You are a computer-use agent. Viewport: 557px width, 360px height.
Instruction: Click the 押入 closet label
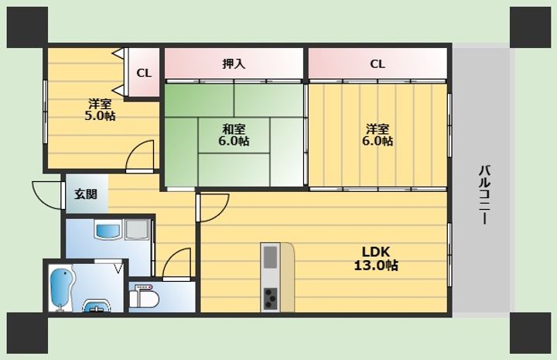[234, 64]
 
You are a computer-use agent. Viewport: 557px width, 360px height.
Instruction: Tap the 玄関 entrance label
[86, 194]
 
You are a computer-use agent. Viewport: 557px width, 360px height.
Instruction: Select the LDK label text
[376, 252]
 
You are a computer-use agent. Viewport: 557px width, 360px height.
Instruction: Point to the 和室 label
[234, 129]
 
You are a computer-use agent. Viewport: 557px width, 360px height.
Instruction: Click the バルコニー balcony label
[484, 195]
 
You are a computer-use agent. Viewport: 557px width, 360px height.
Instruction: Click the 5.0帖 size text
[100, 116]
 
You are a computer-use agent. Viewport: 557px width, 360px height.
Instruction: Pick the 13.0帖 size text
[376, 266]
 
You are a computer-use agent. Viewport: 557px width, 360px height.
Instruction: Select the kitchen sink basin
[270, 257]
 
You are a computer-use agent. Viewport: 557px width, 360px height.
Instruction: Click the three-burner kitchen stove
[270, 298]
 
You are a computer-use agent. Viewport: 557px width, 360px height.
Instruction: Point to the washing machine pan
[137, 229]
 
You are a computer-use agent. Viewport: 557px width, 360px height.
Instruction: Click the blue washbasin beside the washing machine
[108, 230]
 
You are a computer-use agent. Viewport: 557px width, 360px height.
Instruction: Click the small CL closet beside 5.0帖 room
[144, 73]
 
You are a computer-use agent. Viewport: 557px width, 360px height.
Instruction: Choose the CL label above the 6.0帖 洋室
[378, 64]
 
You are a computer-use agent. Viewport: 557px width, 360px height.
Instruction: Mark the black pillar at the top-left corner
[27, 27]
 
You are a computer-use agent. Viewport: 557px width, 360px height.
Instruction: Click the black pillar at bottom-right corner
[531, 333]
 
